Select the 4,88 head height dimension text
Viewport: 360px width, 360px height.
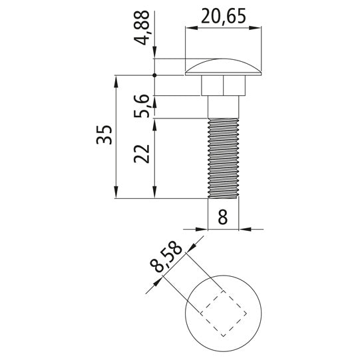[x=140, y=29]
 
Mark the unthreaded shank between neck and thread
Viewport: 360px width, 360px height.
[x=223, y=107]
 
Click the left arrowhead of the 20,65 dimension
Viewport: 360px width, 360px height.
[x=190, y=27]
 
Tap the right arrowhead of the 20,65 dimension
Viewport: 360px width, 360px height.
[x=256, y=27]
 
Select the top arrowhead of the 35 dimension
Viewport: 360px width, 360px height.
[x=116, y=80]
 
